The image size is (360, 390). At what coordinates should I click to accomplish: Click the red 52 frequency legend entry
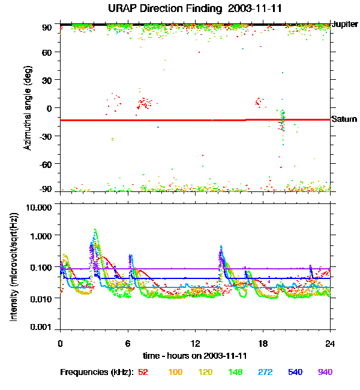(x=143, y=372)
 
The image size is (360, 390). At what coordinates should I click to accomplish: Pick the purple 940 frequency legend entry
(x=325, y=372)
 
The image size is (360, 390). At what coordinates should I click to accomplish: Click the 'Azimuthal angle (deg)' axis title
(x=28, y=107)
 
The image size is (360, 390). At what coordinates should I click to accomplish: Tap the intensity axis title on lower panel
(x=13, y=268)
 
